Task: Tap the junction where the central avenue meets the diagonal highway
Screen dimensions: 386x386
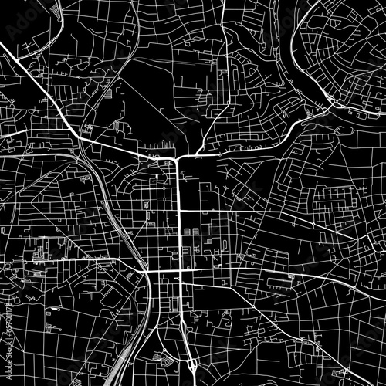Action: pos(178,157)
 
